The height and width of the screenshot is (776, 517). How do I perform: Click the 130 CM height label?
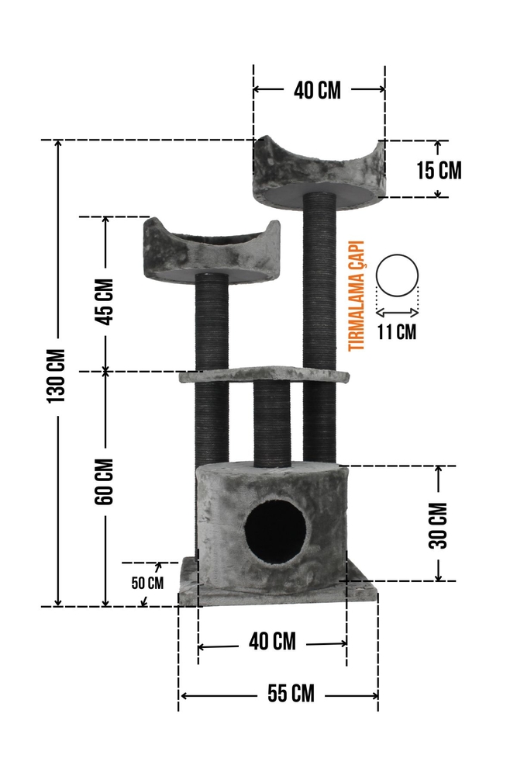coord(57,376)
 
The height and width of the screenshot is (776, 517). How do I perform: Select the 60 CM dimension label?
coord(105,482)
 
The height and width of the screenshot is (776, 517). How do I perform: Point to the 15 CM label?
coord(439,170)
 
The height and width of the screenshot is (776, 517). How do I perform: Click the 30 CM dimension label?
coord(438,525)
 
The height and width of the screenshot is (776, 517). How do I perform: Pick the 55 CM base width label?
coord(291,693)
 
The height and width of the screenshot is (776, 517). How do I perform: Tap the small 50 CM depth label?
coord(147,583)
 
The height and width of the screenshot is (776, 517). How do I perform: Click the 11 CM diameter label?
coord(397,331)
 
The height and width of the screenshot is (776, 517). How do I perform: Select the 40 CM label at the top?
coord(317,90)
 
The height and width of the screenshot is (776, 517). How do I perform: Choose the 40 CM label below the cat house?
coord(272,642)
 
